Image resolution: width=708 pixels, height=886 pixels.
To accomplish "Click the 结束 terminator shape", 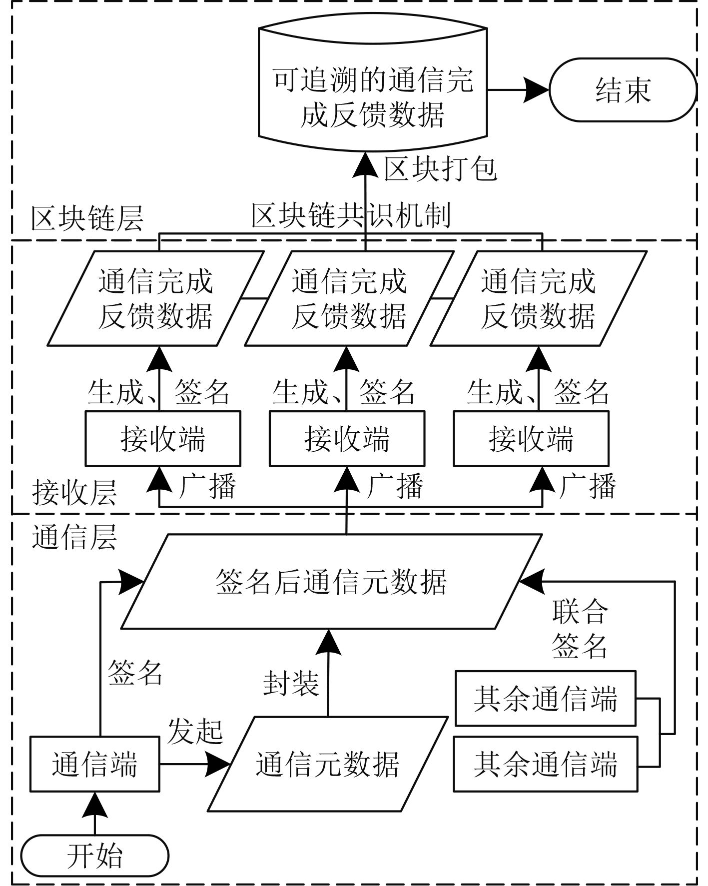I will [x=623, y=90].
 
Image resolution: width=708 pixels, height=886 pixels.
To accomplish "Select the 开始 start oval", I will [x=94, y=855].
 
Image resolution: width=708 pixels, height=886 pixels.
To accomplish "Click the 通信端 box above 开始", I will [x=94, y=764].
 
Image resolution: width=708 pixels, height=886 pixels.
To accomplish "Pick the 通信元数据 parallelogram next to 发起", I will [x=327, y=764].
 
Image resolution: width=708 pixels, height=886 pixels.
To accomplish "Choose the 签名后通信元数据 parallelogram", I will [x=331, y=582].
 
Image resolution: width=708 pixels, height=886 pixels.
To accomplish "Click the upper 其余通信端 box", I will [x=545, y=699].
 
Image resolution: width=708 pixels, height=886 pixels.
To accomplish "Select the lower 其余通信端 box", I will [x=545, y=764].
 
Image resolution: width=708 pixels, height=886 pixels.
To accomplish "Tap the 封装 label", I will [x=291, y=683].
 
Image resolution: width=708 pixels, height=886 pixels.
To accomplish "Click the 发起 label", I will [x=195, y=731].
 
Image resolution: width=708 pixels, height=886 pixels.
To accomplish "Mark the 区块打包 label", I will [x=440, y=169].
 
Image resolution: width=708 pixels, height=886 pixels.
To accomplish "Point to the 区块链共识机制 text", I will [x=351, y=216].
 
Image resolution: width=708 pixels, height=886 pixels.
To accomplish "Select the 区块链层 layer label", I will [x=87, y=218].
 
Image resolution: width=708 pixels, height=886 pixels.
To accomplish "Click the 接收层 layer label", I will [x=74, y=493].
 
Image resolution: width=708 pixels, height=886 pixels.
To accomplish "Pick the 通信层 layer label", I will [x=74, y=538].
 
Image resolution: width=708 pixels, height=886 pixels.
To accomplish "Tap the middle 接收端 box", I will [x=347, y=439].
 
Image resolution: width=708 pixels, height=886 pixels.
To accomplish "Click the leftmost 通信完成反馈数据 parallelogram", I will [x=155, y=298].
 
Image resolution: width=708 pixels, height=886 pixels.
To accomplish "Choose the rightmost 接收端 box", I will [x=531, y=439].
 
